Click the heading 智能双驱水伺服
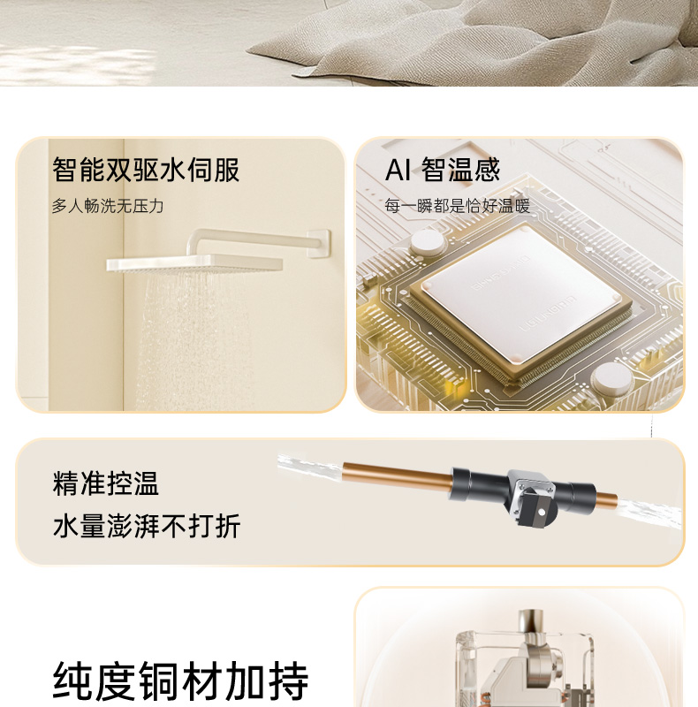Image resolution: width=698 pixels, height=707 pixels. click(x=146, y=170)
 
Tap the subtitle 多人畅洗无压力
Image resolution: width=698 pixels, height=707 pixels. click(x=107, y=206)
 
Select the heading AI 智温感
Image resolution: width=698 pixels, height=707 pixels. click(x=443, y=170)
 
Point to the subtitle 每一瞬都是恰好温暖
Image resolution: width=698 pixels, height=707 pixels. click(x=457, y=206)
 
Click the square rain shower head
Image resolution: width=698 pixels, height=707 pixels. click(x=194, y=263)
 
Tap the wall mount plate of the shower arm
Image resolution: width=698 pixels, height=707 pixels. click(x=319, y=244)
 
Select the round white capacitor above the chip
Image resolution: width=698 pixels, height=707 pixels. click(x=427, y=242)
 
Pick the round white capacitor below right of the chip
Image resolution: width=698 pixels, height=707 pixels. click(x=612, y=379)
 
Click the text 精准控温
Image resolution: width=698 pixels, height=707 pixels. click(x=105, y=483)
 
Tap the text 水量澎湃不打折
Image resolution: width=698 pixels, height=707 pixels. click(x=146, y=526)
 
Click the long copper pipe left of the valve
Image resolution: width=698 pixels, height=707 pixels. click(x=398, y=473)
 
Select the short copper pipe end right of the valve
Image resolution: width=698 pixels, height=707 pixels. click(x=606, y=498)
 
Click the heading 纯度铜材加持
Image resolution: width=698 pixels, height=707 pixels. click(x=181, y=680)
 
